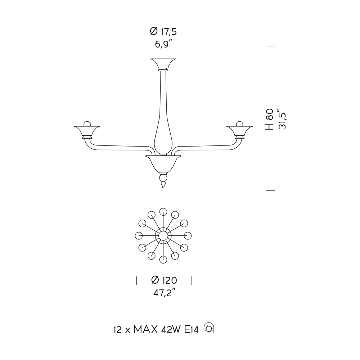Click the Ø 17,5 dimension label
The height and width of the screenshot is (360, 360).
[x=163, y=31]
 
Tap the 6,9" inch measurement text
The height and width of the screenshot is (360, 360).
[x=163, y=44]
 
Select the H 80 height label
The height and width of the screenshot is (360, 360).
[x=270, y=120]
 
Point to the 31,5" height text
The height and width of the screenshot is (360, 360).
[x=282, y=119]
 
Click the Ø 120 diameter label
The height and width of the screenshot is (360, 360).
[x=164, y=280]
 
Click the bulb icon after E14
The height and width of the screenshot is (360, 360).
[x=209, y=328]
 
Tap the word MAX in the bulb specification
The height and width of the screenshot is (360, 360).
[x=146, y=330]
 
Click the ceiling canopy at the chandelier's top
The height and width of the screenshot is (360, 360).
[x=163, y=64]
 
